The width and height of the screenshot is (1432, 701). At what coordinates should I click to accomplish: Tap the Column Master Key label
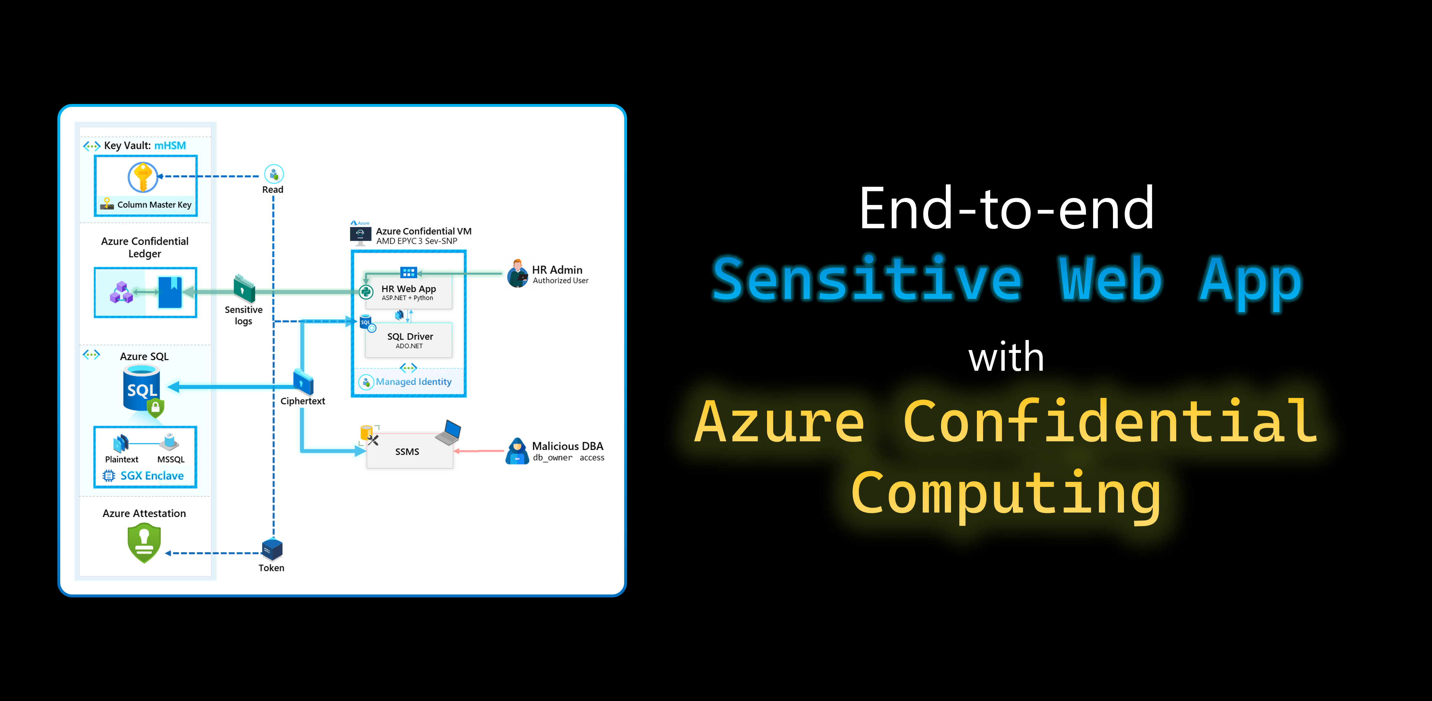[154, 205]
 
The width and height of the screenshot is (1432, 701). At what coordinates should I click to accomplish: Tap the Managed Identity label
[414, 382]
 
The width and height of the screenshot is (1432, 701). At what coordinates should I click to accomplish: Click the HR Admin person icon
[518, 274]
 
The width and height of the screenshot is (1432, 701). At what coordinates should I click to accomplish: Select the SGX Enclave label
[152, 476]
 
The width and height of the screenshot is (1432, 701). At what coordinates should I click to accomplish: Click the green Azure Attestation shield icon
[144, 543]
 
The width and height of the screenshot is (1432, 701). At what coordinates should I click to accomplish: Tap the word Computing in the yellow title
[1006, 494]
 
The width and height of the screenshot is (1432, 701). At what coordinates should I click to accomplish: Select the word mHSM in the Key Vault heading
[170, 146]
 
